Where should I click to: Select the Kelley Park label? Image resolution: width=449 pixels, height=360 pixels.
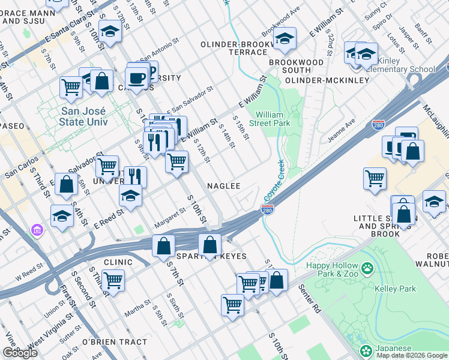coord(399,289)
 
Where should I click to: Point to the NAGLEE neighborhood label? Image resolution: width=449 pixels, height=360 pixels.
coord(224,187)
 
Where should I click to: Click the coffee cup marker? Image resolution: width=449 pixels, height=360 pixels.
coord(137,77)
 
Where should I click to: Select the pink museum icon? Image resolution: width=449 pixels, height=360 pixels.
coord(37,230)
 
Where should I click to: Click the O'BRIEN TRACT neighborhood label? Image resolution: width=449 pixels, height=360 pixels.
coord(114,342)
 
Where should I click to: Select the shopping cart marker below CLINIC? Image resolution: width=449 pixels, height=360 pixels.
coord(113,280)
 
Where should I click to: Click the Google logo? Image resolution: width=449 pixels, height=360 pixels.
coord(19,353)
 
